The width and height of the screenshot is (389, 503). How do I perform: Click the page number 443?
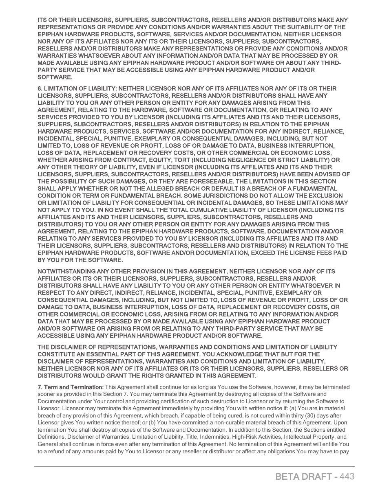[x=346, y=476]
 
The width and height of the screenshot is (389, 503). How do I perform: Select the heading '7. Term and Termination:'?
[x=71, y=387]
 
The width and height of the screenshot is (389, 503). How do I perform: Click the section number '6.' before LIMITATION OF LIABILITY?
[x=40, y=88]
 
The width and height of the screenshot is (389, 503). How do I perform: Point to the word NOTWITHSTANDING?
[x=65, y=271]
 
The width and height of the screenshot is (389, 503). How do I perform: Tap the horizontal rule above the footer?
[x=194, y=466]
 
